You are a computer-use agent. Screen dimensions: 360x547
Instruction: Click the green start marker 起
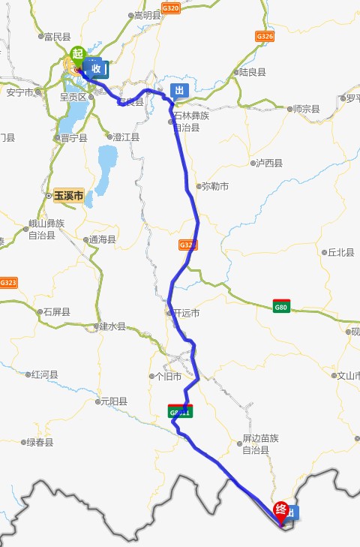click(76, 54)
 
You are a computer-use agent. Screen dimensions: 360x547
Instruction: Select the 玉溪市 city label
click(68, 196)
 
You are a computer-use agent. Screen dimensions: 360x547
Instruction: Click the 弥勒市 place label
click(214, 186)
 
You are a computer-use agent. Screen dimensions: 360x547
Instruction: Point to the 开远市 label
click(186, 313)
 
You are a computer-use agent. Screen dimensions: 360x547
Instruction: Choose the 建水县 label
click(112, 327)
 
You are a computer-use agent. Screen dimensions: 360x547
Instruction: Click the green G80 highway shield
click(281, 306)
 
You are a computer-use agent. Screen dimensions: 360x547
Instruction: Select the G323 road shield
click(8, 283)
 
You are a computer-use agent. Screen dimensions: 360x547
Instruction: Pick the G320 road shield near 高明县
click(171, 8)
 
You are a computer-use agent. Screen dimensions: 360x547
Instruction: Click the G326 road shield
click(264, 36)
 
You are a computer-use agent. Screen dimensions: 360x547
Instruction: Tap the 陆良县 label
click(252, 72)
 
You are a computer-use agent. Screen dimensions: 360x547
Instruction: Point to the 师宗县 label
click(305, 109)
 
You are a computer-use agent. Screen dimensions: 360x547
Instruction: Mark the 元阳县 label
click(112, 402)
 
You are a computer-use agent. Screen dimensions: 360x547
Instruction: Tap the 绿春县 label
click(40, 443)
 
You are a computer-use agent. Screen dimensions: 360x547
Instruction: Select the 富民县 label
click(56, 36)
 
